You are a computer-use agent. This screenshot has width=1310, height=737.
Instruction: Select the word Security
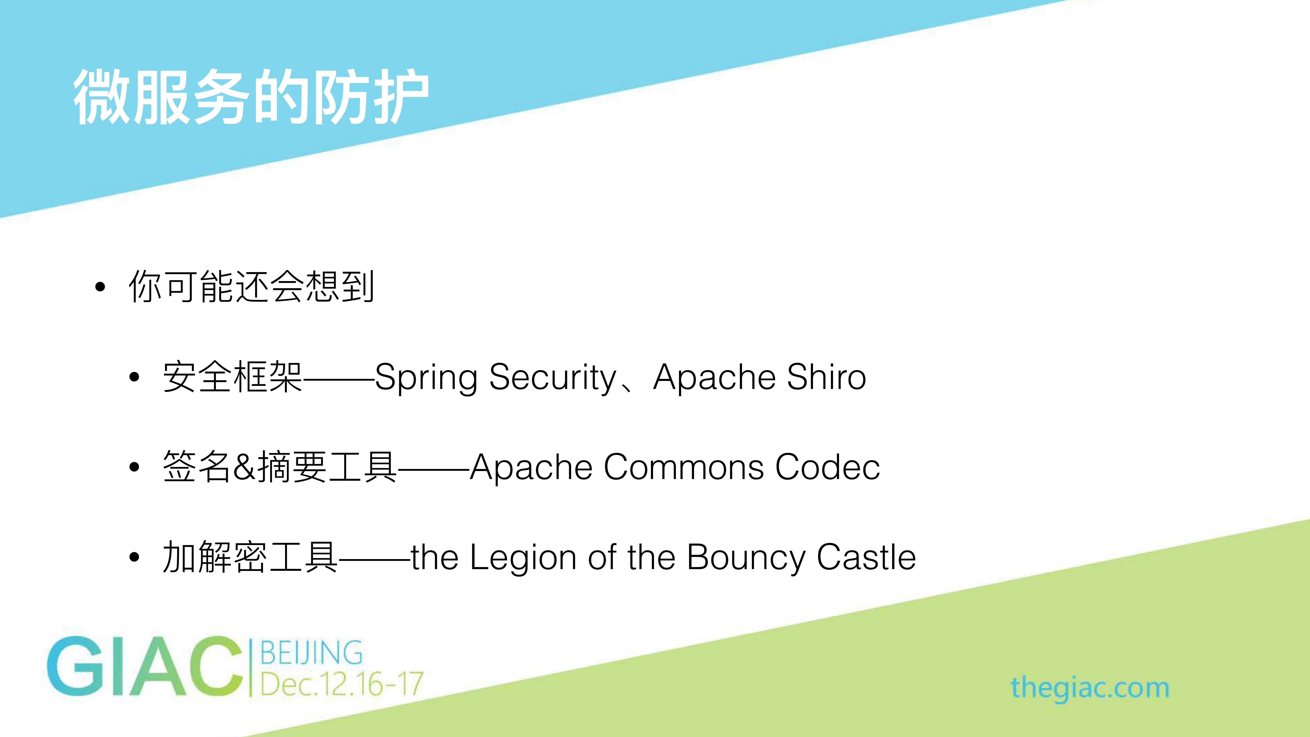point(553,377)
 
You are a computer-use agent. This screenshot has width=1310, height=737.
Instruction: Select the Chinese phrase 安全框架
point(232,377)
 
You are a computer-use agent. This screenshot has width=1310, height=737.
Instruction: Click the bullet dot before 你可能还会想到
point(100,287)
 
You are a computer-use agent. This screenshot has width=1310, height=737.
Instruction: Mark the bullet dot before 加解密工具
point(134,558)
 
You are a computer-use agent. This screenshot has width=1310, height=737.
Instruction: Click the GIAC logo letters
point(145,666)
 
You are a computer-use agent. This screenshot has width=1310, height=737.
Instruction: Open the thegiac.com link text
point(1090,688)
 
